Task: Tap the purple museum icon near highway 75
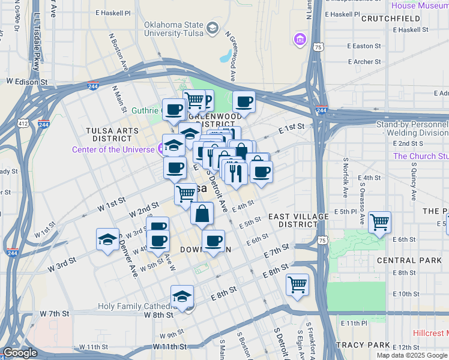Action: pyautogui.click(x=300, y=40)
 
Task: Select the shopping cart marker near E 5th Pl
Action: pyautogui.click(x=379, y=223)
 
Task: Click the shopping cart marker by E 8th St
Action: pyautogui.click(x=297, y=284)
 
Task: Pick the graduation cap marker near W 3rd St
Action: pyautogui.click(x=107, y=239)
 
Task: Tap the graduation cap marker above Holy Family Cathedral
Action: pyautogui.click(x=182, y=296)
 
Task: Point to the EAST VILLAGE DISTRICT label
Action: pyautogui.click(x=298, y=220)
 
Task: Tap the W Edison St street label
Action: pyautogui.click(x=26, y=80)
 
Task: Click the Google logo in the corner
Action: pyautogui.click(x=20, y=353)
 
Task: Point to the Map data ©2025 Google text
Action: pyautogui.click(x=412, y=355)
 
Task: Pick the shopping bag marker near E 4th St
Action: pyautogui.click(x=203, y=213)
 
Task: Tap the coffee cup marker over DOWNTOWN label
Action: pyautogui.click(x=212, y=241)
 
